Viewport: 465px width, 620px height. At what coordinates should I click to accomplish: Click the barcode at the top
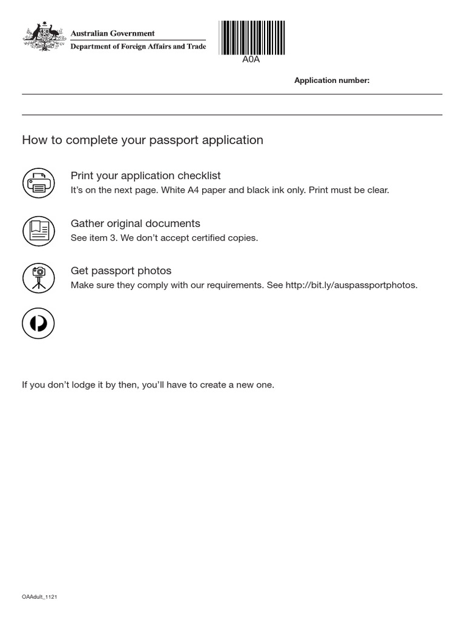point(252,38)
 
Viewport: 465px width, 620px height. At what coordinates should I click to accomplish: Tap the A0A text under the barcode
point(251,59)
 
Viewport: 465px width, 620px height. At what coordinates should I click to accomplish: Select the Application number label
point(332,81)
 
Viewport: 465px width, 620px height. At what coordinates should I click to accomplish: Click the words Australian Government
point(113,33)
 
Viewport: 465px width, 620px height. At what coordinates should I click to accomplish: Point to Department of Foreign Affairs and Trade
point(138,47)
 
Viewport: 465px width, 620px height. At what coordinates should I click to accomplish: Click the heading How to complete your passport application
point(142,140)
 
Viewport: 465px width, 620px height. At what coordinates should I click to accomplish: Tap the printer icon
point(38,183)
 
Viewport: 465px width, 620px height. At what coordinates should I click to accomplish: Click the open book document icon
point(38,231)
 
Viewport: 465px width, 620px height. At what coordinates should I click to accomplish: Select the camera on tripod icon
point(38,278)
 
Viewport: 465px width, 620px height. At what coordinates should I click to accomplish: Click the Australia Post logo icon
point(38,323)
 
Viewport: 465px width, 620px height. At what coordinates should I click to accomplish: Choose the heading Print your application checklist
point(145,176)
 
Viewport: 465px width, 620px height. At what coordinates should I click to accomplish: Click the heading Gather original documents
point(135,223)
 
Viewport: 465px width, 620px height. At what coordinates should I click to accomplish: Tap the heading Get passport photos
point(121,271)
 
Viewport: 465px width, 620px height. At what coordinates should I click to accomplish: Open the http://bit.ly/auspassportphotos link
point(351,285)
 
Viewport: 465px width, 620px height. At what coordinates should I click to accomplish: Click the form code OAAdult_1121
point(39,597)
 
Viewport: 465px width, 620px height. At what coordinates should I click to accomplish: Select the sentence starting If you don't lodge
point(148,385)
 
